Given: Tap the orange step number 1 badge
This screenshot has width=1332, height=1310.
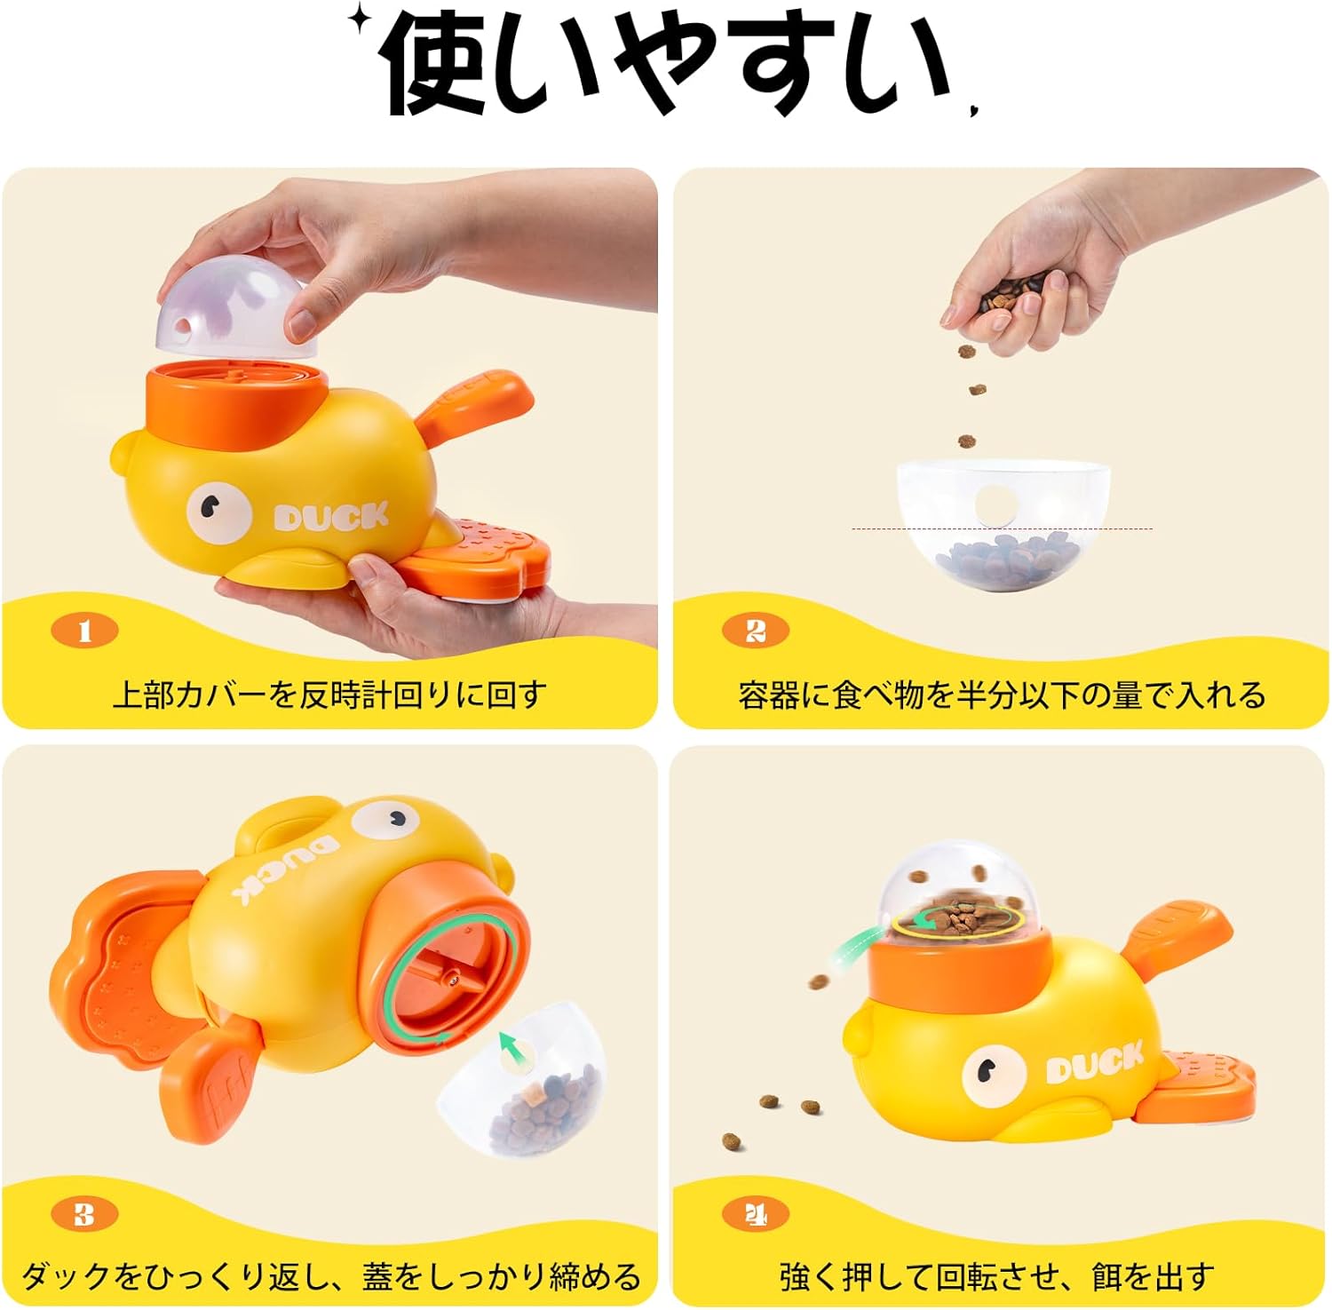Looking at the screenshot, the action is [85, 631].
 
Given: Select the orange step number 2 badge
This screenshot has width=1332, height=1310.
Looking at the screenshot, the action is [756, 631].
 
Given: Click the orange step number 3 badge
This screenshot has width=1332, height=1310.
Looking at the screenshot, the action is [85, 1213].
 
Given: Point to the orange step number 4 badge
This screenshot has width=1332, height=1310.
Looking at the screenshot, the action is [756, 1213].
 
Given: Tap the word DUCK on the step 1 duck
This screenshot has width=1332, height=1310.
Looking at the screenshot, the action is [331, 517].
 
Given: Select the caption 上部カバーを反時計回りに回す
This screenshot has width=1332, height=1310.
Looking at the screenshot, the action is [329, 695].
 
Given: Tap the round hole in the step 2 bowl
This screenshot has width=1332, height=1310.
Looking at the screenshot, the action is [995, 504].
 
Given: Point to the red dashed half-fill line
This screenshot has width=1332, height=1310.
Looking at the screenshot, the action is [1003, 529].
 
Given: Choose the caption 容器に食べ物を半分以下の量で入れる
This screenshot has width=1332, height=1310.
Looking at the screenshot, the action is [1002, 695].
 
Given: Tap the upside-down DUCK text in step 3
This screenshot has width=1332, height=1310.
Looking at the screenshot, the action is [286, 867].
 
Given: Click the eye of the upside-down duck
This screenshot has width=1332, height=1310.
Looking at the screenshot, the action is [385, 817].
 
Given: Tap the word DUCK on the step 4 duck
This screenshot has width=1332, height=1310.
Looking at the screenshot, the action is [1094, 1063].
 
